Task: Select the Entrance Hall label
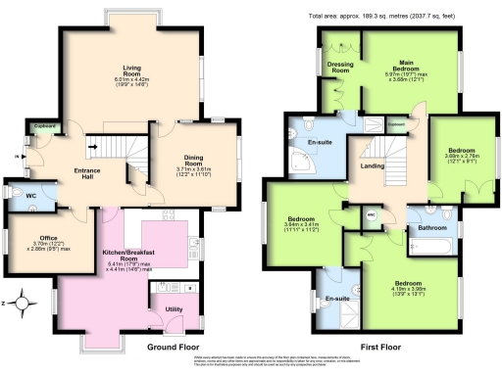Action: [88, 172]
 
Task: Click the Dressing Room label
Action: [339, 68]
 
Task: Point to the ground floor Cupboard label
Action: [43, 125]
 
